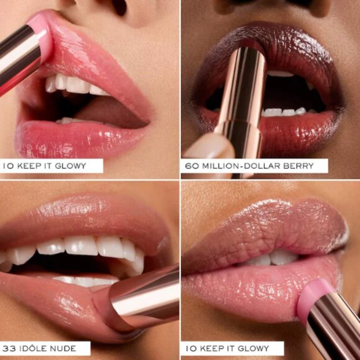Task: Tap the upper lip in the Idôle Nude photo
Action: (x=81, y=214)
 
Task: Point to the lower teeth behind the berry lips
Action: (x=282, y=112)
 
